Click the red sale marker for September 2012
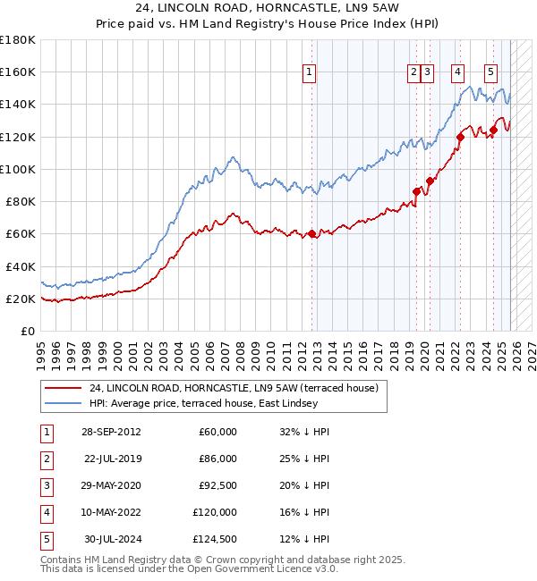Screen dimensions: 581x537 tap(312, 234)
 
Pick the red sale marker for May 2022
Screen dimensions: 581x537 tap(460, 137)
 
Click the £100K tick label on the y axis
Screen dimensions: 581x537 tap(18, 169)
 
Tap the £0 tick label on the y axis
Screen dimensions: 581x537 tap(27, 332)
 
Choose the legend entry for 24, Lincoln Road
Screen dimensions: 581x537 tap(234, 388)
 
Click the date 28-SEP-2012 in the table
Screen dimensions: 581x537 tap(111, 432)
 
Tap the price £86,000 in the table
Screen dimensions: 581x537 tap(217, 459)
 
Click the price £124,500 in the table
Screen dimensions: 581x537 tap(215, 539)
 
